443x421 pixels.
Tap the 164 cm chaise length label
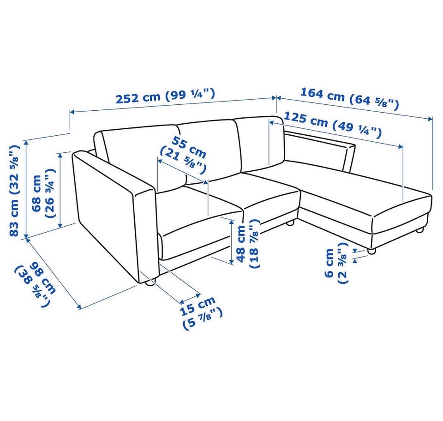coord(349,99)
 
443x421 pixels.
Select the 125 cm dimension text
coord(332,125)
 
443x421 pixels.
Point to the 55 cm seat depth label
coord(184,155)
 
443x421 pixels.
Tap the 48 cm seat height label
coord(247,243)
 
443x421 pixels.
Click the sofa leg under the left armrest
coord(149,283)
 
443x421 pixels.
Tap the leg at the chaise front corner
coord(371,251)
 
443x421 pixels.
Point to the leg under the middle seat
coord(289,223)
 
